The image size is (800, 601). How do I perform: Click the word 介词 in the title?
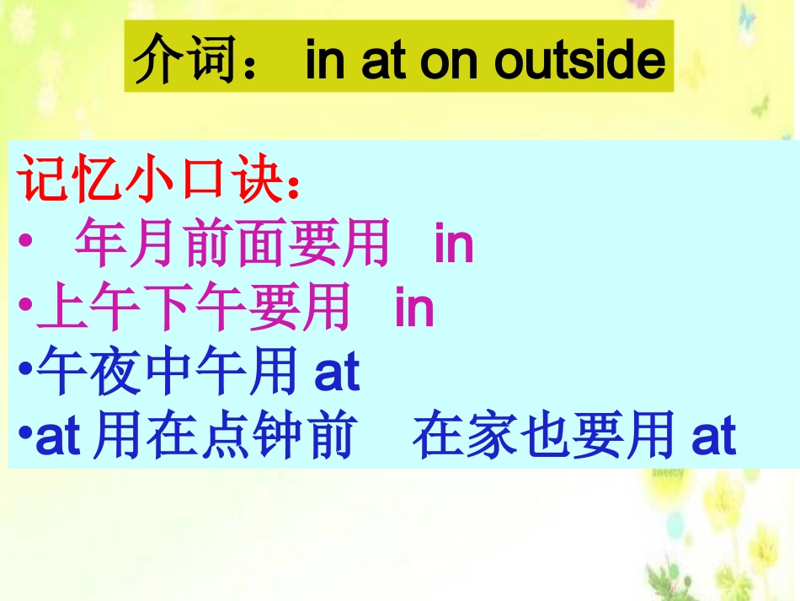188,59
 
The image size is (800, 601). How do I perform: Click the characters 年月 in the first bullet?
127,244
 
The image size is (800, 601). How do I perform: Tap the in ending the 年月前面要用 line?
454,244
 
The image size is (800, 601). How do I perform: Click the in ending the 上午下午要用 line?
414,309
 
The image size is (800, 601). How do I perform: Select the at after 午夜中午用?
337,373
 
